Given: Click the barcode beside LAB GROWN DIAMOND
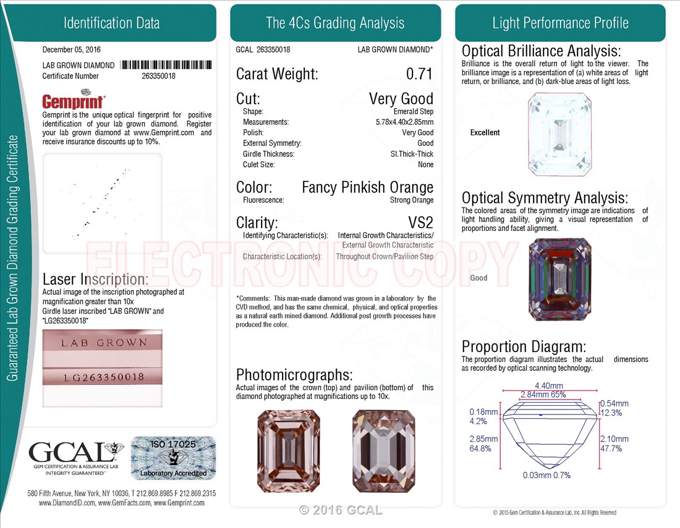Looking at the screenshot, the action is click(x=166, y=65).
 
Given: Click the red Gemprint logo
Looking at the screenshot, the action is click(x=74, y=100).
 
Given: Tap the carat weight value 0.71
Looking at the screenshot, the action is click(x=419, y=73).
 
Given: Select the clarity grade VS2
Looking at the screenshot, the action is click(x=420, y=223).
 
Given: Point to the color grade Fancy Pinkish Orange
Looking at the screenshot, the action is click(x=367, y=187).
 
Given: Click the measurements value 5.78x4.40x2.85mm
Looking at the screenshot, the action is click(x=405, y=122).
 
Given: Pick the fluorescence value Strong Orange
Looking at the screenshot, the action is click(x=412, y=200).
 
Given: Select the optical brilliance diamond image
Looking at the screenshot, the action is click(x=559, y=135).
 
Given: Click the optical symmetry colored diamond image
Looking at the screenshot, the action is click(x=560, y=279).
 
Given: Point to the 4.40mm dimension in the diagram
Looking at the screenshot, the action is click(x=548, y=385).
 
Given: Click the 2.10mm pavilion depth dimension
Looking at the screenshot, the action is click(x=614, y=439).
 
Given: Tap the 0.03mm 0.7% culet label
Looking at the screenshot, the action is click(x=546, y=475).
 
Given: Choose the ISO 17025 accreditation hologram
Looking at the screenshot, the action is click(x=174, y=458).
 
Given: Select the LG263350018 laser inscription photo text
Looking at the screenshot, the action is click(x=104, y=377).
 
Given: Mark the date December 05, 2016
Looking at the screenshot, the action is click(x=72, y=49).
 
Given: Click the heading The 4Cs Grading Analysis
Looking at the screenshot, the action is click(x=335, y=23).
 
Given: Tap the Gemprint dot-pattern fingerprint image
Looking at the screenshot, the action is click(x=103, y=203).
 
